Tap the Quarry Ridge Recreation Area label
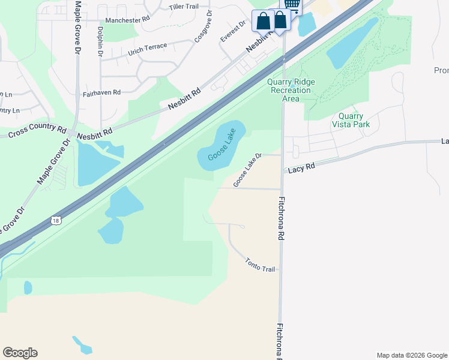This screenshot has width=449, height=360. [290, 90]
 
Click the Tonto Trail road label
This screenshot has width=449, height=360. [260, 265]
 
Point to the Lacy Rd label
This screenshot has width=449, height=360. [301, 168]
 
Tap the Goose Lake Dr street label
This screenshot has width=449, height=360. [248, 170]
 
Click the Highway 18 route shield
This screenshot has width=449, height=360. [55, 220]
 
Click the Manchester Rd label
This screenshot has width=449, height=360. [127, 20]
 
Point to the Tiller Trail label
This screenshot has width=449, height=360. [184, 7]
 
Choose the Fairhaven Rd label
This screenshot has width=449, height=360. [102, 93]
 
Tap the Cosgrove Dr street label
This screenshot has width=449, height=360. [203, 26]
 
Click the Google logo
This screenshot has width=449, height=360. [20, 353]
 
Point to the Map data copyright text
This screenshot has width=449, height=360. [411, 355]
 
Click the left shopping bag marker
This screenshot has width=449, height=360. [263, 20]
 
